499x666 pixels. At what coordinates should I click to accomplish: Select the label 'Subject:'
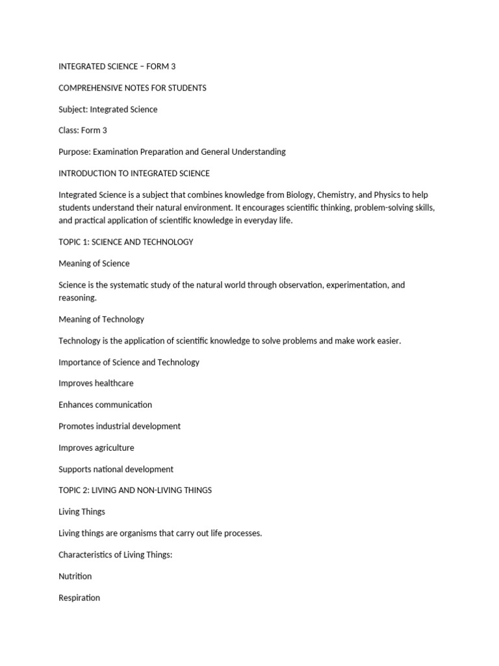(x=73, y=109)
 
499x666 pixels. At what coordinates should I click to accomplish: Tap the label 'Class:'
(x=69, y=131)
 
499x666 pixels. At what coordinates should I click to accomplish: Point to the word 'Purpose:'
(x=75, y=152)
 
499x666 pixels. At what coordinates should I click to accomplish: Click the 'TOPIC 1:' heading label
(x=74, y=242)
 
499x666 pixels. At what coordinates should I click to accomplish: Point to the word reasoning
(x=77, y=297)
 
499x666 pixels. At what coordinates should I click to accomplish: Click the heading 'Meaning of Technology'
(x=101, y=319)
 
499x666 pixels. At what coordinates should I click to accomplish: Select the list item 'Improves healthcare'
(x=96, y=383)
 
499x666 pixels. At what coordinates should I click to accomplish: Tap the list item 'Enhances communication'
(x=105, y=405)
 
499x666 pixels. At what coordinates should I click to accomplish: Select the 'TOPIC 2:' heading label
(x=75, y=490)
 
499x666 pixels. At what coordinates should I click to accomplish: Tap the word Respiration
(x=79, y=598)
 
